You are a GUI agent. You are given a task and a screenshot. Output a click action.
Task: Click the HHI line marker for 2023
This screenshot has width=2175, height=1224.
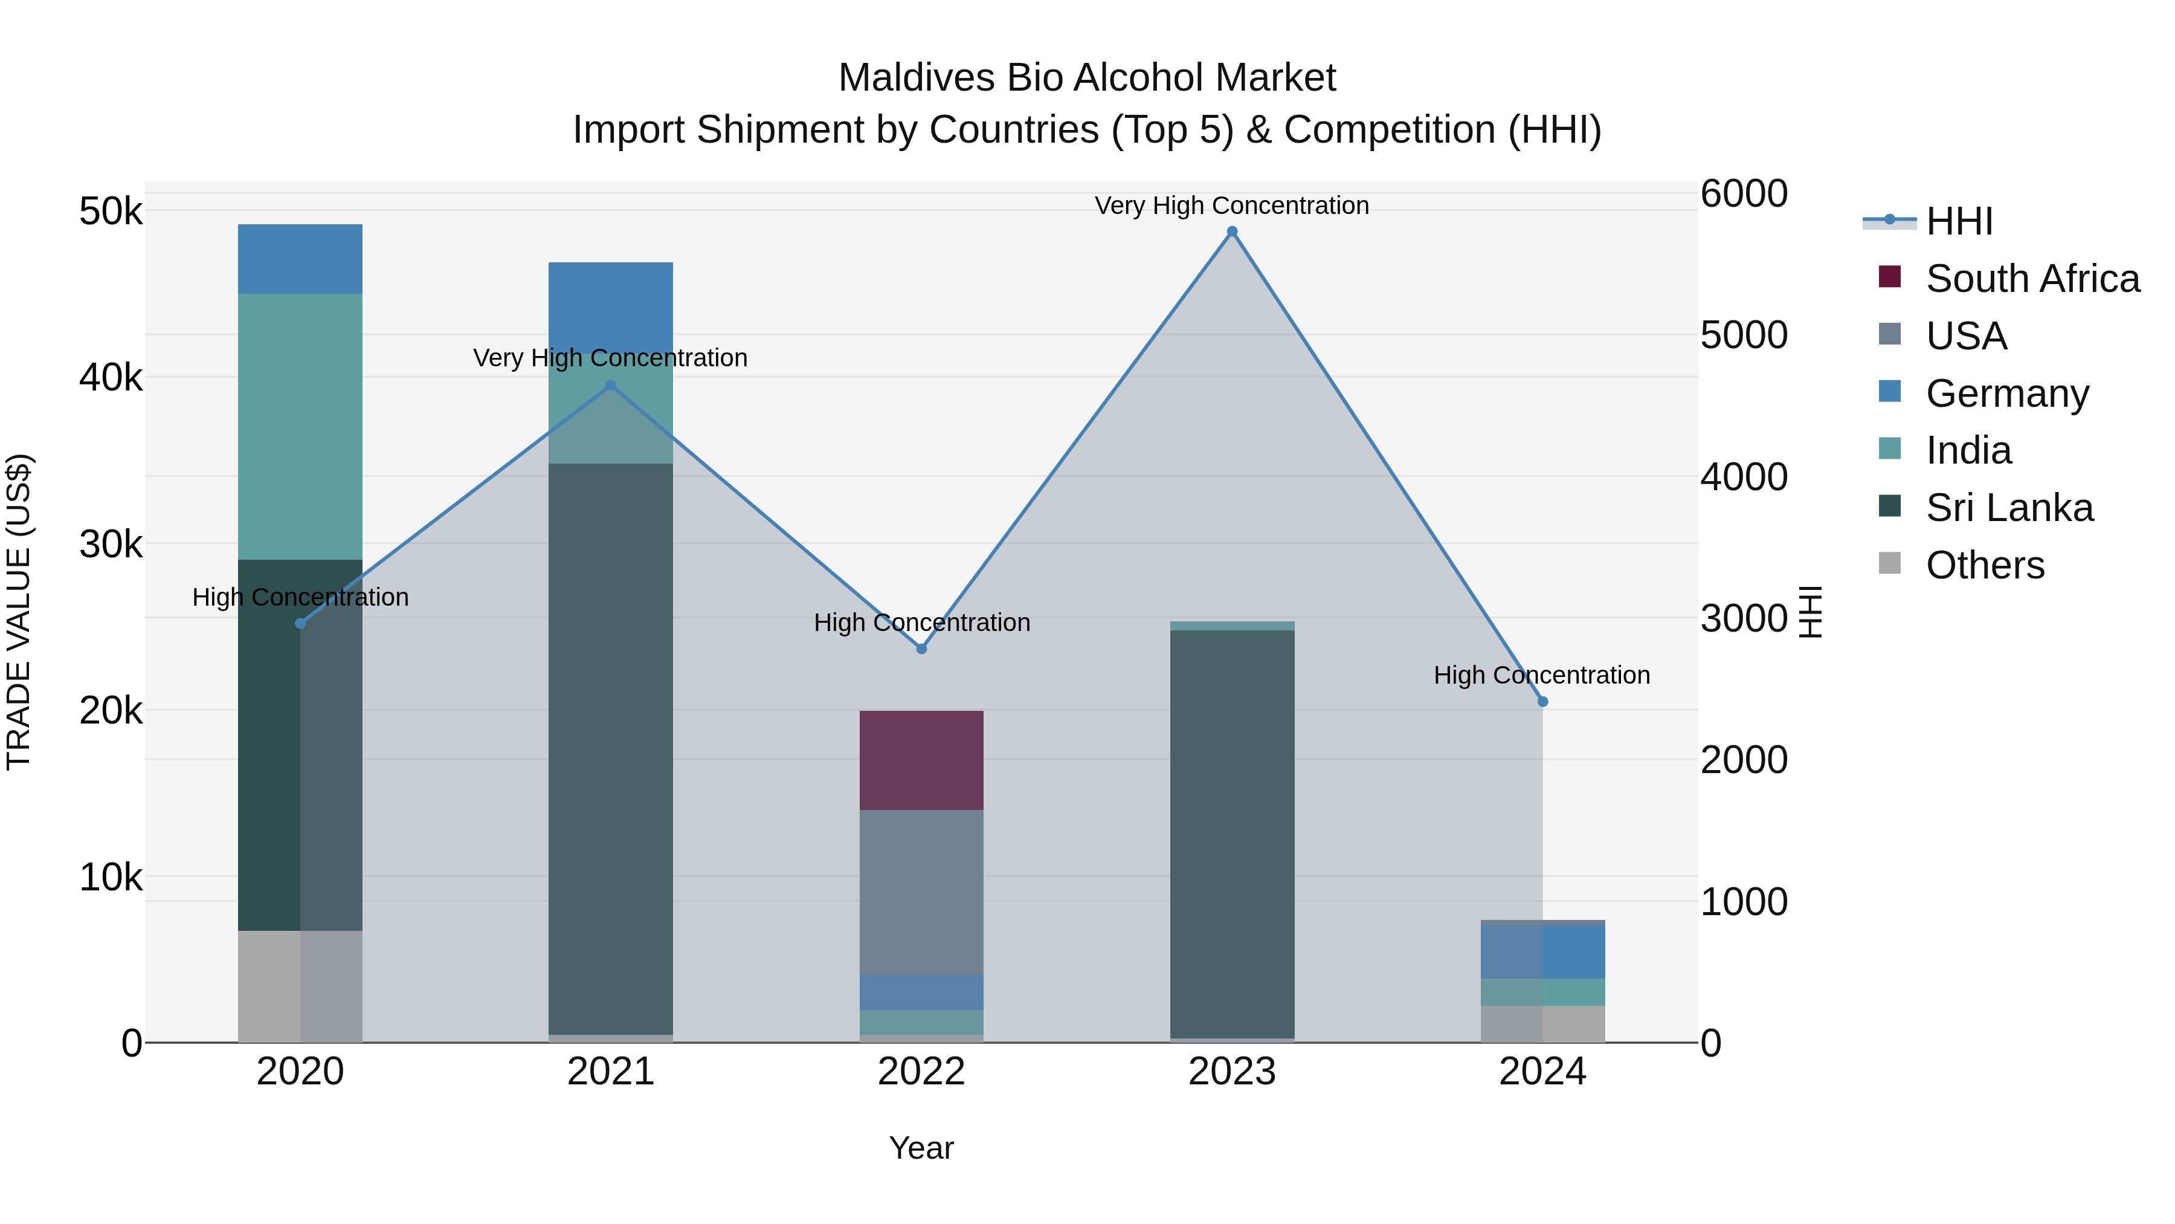pos(1232,232)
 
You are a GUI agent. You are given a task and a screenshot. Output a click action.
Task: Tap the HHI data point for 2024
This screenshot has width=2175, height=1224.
pos(1542,701)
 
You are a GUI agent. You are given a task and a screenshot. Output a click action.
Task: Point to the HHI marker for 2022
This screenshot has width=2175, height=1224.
pos(921,649)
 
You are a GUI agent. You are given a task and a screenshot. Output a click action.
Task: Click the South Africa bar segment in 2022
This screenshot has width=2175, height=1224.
pos(921,760)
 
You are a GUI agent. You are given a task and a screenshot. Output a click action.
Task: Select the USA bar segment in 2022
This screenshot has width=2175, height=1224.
pos(921,892)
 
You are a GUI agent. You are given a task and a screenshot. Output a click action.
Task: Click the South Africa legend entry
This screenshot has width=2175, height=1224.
pos(2032,279)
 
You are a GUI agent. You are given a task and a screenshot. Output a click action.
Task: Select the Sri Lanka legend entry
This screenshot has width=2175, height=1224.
pos(2009,508)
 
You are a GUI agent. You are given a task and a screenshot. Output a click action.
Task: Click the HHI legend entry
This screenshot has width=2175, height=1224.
pos(1959,221)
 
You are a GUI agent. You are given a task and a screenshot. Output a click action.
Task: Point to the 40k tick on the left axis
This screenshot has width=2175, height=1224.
pos(111,378)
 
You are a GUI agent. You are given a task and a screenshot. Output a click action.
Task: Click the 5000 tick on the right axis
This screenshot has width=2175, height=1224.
pos(1744,335)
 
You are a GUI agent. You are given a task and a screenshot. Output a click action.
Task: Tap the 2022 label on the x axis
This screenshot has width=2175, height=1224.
pos(921,1072)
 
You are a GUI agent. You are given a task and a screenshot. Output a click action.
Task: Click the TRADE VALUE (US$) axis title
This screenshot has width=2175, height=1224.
pos(19,612)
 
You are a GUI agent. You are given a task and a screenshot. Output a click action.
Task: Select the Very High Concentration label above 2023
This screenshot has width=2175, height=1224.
pos(1232,206)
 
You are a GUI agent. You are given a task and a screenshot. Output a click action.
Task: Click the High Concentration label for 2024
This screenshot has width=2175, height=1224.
pos(1542,675)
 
